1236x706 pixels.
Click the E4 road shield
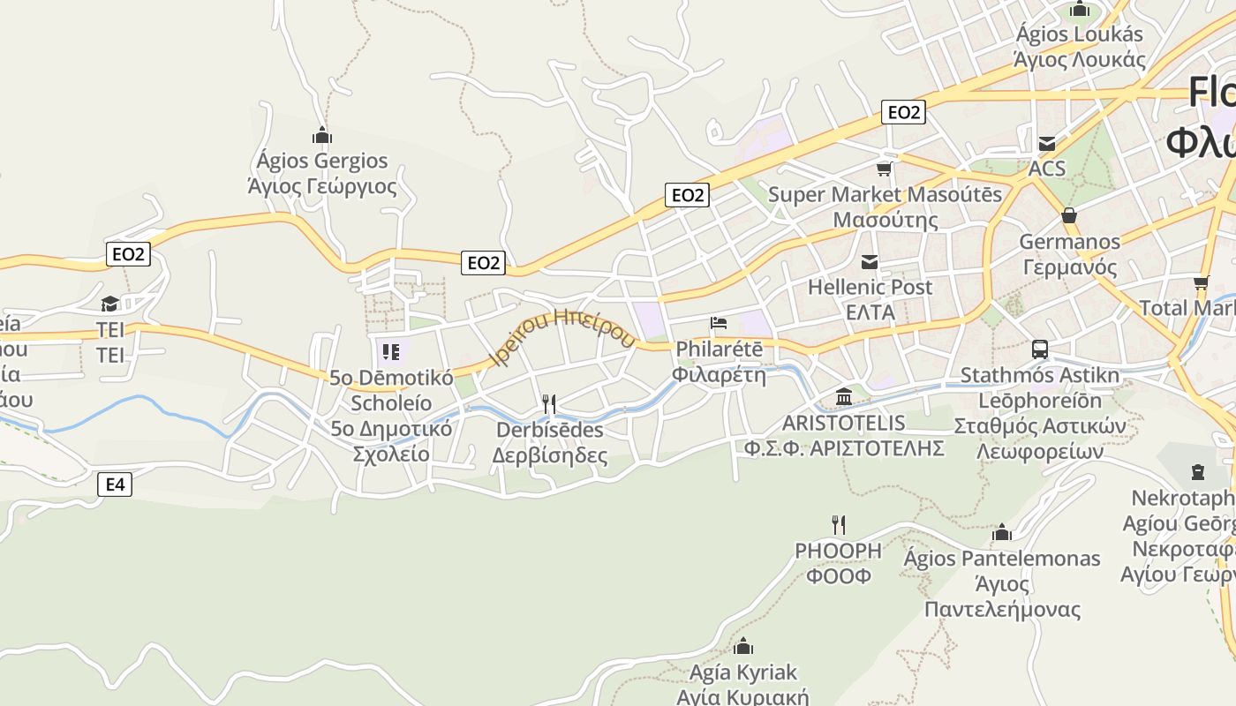(x=115, y=484)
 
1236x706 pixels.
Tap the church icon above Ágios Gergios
(x=322, y=135)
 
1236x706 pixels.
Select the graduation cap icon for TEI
(x=109, y=304)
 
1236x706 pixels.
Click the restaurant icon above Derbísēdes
(x=549, y=404)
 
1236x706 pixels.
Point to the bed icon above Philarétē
(x=719, y=323)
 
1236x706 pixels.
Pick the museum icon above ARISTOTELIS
(x=844, y=396)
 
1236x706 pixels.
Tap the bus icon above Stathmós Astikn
(x=1040, y=349)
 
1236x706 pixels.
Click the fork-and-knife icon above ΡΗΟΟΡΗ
(x=839, y=525)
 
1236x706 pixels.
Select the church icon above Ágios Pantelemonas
(x=1001, y=532)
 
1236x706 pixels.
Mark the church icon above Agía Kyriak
(x=743, y=646)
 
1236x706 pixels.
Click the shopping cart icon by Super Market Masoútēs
(x=884, y=169)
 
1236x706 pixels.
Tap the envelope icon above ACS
(x=1047, y=143)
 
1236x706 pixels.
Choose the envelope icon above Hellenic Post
(x=870, y=261)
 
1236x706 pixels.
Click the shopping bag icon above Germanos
(x=1068, y=215)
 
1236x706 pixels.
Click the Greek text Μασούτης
(x=886, y=220)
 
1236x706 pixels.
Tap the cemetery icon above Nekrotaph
(x=1197, y=472)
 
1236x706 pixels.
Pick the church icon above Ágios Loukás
(x=1079, y=10)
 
